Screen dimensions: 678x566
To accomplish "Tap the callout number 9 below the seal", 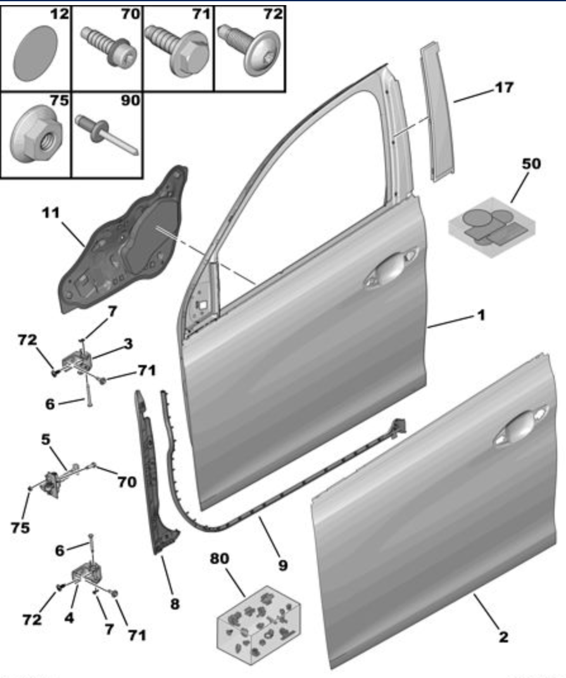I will click(282, 563).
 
